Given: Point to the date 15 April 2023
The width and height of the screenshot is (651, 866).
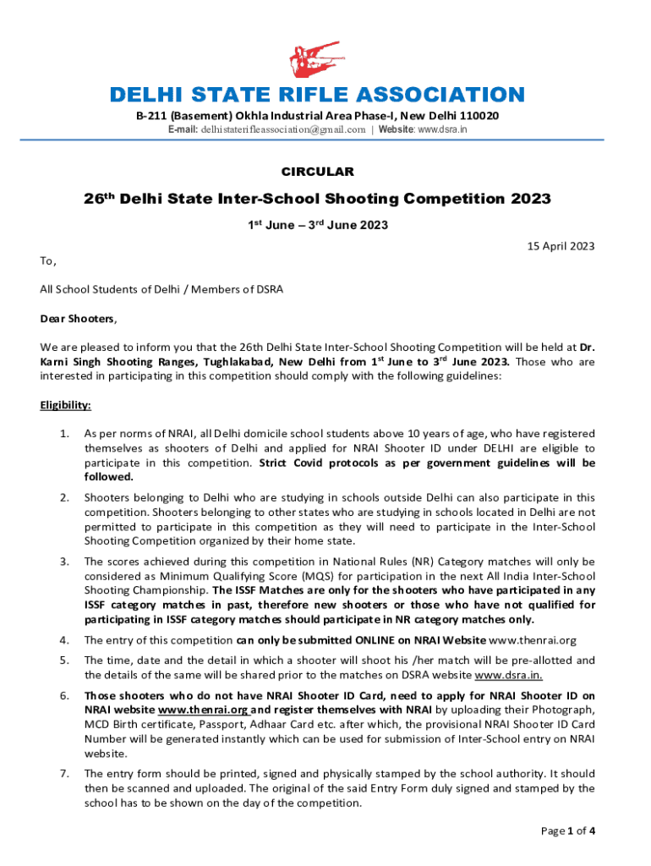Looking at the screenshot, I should coord(561,246).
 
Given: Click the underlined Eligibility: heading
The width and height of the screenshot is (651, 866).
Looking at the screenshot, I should coord(65,405).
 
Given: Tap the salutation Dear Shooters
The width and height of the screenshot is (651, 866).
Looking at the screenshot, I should coord(79,319).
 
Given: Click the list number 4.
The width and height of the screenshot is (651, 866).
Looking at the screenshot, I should coord(64,640).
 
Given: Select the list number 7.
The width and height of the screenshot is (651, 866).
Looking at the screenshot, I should coord(64,774).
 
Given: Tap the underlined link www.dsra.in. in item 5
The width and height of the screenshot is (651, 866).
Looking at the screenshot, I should coord(509,676).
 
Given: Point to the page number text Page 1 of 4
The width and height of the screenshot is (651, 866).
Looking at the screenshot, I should coord(568,830).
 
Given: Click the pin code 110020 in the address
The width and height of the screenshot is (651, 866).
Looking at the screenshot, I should coord(475,115).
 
